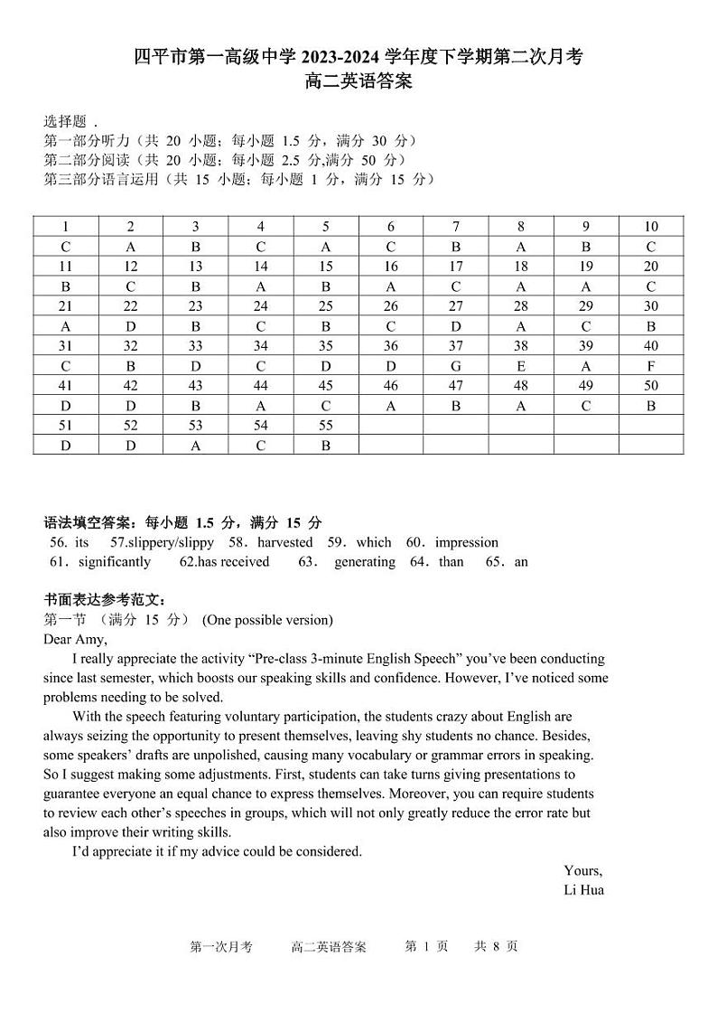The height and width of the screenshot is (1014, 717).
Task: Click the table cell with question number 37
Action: pos(456,346)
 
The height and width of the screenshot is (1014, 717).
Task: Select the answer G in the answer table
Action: pos(456,366)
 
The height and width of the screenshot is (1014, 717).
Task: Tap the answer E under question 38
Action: pos(521,366)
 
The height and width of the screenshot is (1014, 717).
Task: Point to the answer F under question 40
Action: pos(651,366)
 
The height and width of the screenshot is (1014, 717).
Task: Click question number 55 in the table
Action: pos(326,426)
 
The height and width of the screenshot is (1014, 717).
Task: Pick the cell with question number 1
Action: pos(66,227)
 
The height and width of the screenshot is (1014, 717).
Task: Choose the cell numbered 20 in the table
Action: pos(651,267)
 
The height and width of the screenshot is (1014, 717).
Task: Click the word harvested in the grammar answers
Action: pos(284,542)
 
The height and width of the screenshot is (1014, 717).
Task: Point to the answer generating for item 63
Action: pos(364,562)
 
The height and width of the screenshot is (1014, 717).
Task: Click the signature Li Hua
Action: pos(583,890)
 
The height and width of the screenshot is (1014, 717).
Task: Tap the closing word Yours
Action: pos(582,870)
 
